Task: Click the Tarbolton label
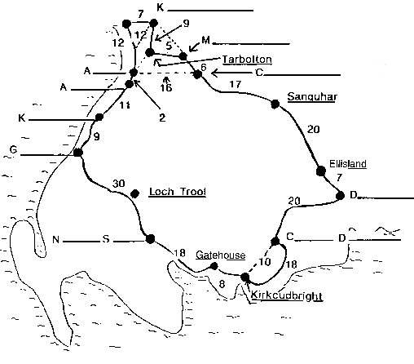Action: click(x=247, y=60)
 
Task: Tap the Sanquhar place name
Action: click(x=312, y=97)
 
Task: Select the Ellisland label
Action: click(x=348, y=164)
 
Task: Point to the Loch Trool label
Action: click(x=178, y=192)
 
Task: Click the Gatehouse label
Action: click(x=221, y=255)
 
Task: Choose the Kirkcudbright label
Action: click(x=287, y=295)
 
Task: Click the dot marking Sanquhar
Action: click(x=275, y=104)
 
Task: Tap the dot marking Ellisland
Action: click(x=321, y=171)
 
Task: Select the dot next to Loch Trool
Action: click(x=135, y=193)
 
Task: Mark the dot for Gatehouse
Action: click(x=214, y=266)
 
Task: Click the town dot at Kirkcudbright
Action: click(x=245, y=277)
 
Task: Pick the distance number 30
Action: click(x=119, y=184)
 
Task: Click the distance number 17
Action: click(x=236, y=84)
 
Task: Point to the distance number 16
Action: click(x=165, y=87)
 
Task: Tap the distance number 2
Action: click(x=162, y=118)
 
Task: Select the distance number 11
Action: click(x=125, y=104)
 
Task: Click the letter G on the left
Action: click(x=13, y=149)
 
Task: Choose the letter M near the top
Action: click(x=205, y=40)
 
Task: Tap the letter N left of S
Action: click(x=55, y=240)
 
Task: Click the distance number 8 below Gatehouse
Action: click(x=222, y=284)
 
